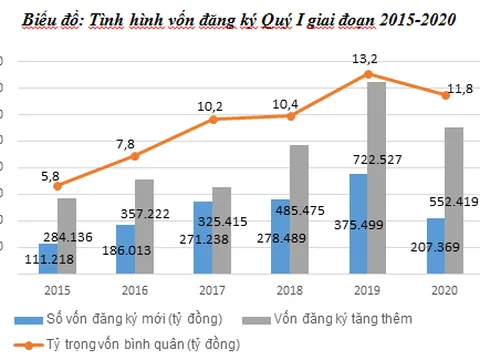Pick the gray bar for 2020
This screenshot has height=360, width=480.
[x=454, y=199]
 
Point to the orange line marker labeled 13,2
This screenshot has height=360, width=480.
[x=368, y=74]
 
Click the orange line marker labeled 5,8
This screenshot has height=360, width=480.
[x=57, y=186]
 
